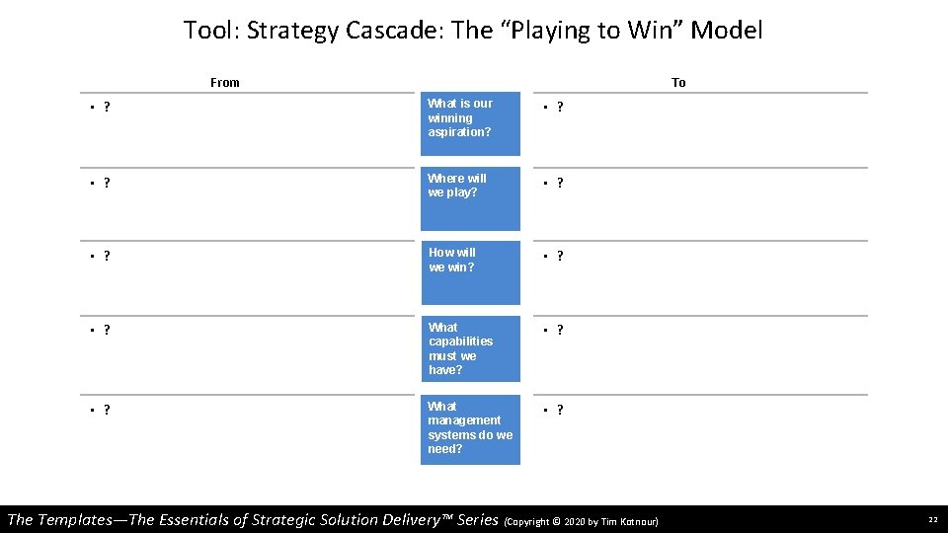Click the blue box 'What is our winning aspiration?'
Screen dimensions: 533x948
click(x=470, y=124)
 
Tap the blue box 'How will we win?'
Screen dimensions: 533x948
click(x=470, y=273)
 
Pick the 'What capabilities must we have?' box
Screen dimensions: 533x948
click(x=470, y=348)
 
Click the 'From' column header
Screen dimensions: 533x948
click(x=225, y=83)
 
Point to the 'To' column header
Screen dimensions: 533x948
click(x=678, y=83)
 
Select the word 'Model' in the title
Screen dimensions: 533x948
click(x=727, y=31)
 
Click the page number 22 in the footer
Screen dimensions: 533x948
click(x=932, y=520)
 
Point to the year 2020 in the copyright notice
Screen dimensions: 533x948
click(x=577, y=521)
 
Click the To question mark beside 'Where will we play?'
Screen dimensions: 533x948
click(x=560, y=183)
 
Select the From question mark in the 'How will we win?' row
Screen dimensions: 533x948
click(x=106, y=257)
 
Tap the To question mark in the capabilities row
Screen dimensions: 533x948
click(x=560, y=331)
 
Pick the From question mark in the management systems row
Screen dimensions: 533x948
click(x=106, y=410)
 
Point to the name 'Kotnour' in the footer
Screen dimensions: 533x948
click(x=637, y=521)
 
